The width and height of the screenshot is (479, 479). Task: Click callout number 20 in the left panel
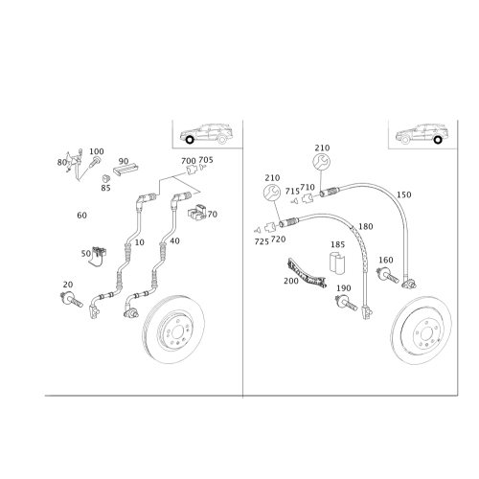tap(67, 285)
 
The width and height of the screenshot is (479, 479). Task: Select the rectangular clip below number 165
tap(337, 265)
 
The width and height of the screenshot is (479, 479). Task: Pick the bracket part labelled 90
tap(125, 169)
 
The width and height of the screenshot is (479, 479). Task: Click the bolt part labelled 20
tap(70, 298)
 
